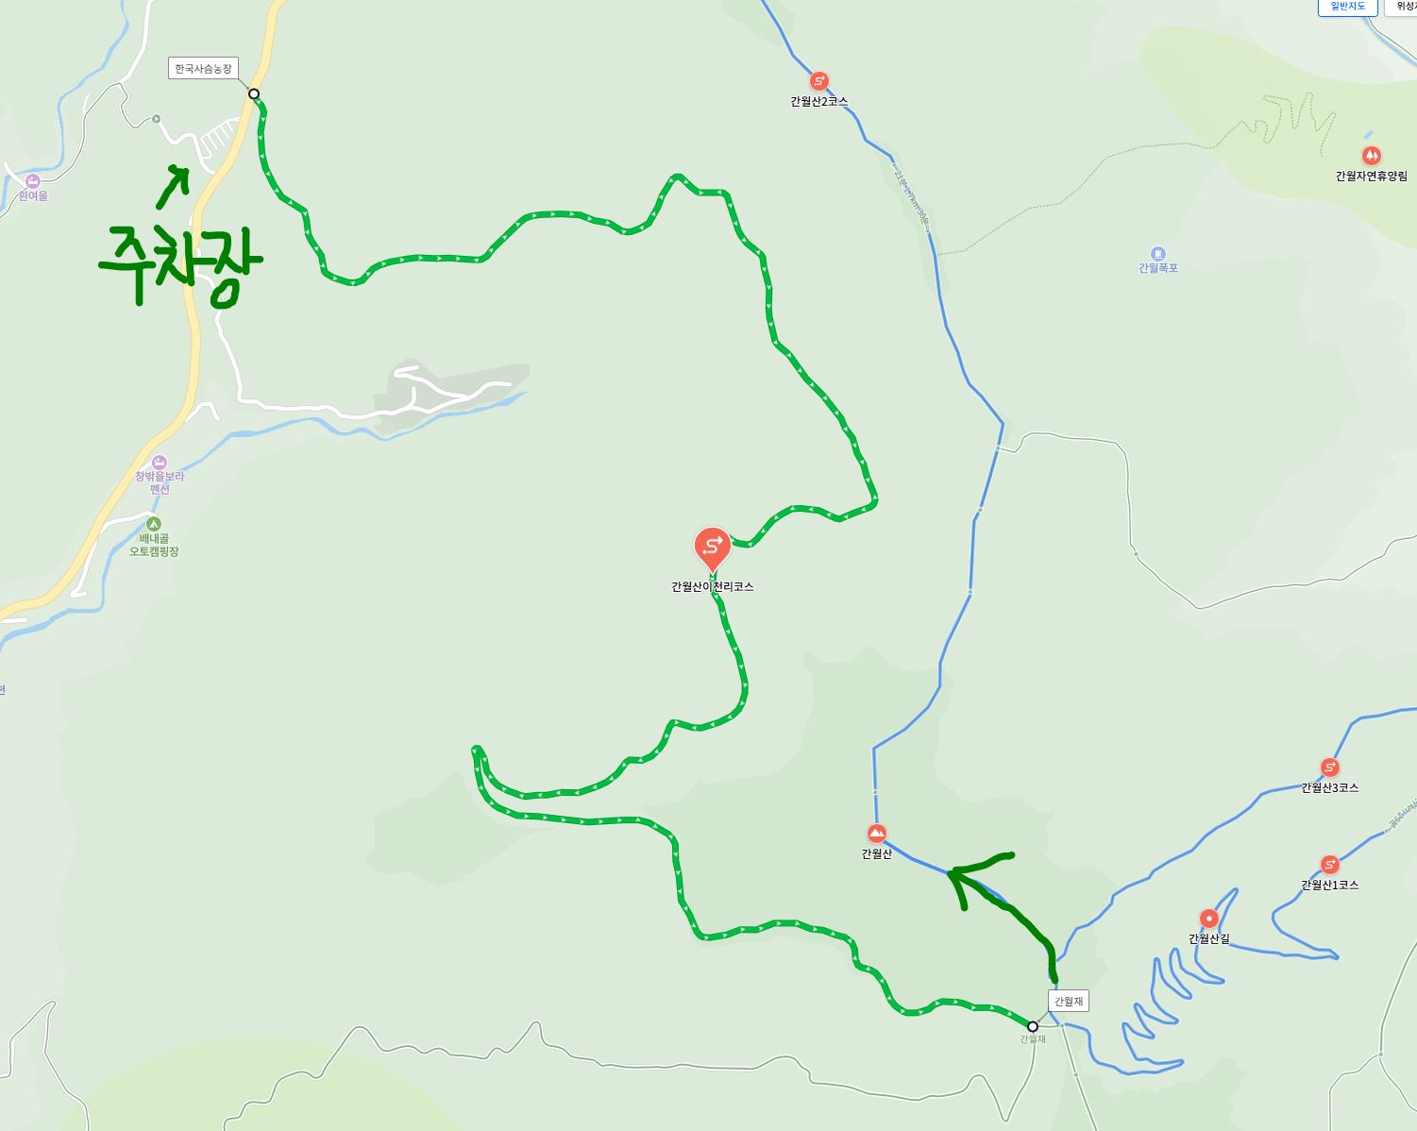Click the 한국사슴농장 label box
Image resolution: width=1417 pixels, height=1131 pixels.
(203, 69)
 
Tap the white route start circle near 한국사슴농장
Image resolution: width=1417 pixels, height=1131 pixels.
(254, 93)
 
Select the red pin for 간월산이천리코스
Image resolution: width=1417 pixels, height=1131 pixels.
(712, 547)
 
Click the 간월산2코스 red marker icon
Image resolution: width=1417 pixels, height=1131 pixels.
(818, 81)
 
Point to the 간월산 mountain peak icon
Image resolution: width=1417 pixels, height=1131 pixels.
(876, 834)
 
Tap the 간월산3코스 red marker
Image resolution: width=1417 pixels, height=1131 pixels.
(1329, 768)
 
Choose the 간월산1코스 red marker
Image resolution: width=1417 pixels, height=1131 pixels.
(1329, 865)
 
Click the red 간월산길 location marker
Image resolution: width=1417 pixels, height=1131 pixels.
(1208, 919)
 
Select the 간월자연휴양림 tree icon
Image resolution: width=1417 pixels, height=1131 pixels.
(1371, 156)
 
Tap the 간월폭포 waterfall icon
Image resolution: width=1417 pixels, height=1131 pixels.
(1157, 254)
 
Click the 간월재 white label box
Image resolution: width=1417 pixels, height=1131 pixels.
(1069, 1001)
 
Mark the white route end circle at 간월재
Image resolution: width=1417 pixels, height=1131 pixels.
(1033, 1026)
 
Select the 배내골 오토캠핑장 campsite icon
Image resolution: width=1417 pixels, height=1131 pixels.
(153, 524)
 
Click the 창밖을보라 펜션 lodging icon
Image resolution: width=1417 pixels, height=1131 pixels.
(159, 463)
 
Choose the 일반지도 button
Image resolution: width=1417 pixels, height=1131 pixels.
(1348, 7)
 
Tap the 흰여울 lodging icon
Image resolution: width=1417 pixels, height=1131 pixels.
(33, 181)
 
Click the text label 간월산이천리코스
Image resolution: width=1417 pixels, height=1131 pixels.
(712, 586)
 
